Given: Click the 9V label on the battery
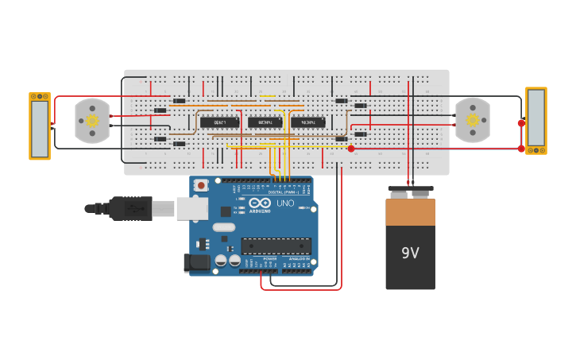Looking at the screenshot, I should (410, 253).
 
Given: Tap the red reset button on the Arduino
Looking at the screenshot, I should (201, 185).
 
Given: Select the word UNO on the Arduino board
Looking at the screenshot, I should (284, 203).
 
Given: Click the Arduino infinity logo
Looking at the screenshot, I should (260, 202).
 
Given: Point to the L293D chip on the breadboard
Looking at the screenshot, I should (219, 122).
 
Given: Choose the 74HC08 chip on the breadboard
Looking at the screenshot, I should (265, 122).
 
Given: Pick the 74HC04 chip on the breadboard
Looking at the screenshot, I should (307, 122).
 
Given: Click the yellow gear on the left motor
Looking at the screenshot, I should (92, 121).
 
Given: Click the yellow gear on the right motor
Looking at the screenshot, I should (473, 120).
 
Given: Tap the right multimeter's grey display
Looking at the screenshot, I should (536, 117).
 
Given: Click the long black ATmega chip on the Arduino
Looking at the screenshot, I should (276, 246).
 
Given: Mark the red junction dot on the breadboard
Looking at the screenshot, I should (351, 149).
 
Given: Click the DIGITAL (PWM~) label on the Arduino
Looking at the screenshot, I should (285, 192).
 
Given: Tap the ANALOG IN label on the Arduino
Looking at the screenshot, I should (299, 259).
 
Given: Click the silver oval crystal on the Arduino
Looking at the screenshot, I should (224, 228).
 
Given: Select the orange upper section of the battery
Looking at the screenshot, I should (410, 212).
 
